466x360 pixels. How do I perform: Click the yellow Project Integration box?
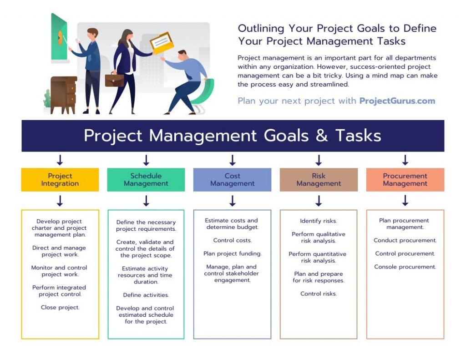(x=60, y=180)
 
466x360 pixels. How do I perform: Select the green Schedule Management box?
(x=146, y=180)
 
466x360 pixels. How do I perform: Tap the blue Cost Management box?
(x=232, y=180)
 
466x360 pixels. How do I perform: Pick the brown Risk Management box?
(x=319, y=180)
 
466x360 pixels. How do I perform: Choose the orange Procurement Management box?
(x=405, y=180)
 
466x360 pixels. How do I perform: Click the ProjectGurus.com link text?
(x=397, y=101)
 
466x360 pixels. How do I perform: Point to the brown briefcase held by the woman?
(x=114, y=80)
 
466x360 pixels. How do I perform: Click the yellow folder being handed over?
(x=162, y=43)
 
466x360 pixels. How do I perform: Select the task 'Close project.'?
(x=60, y=308)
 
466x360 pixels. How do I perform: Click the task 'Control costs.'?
(x=232, y=240)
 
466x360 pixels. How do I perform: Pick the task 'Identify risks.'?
(x=319, y=221)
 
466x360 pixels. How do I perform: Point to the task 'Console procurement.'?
(x=405, y=267)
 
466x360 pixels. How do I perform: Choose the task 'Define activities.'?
(x=146, y=295)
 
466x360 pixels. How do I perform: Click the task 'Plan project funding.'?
(x=232, y=254)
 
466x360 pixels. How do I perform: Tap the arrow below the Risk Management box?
(x=319, y=201)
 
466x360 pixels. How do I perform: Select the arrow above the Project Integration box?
(x=60, y=160)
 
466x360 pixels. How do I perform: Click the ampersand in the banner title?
(x=322, y=136)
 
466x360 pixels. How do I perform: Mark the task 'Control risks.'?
(x=319, y=294)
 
